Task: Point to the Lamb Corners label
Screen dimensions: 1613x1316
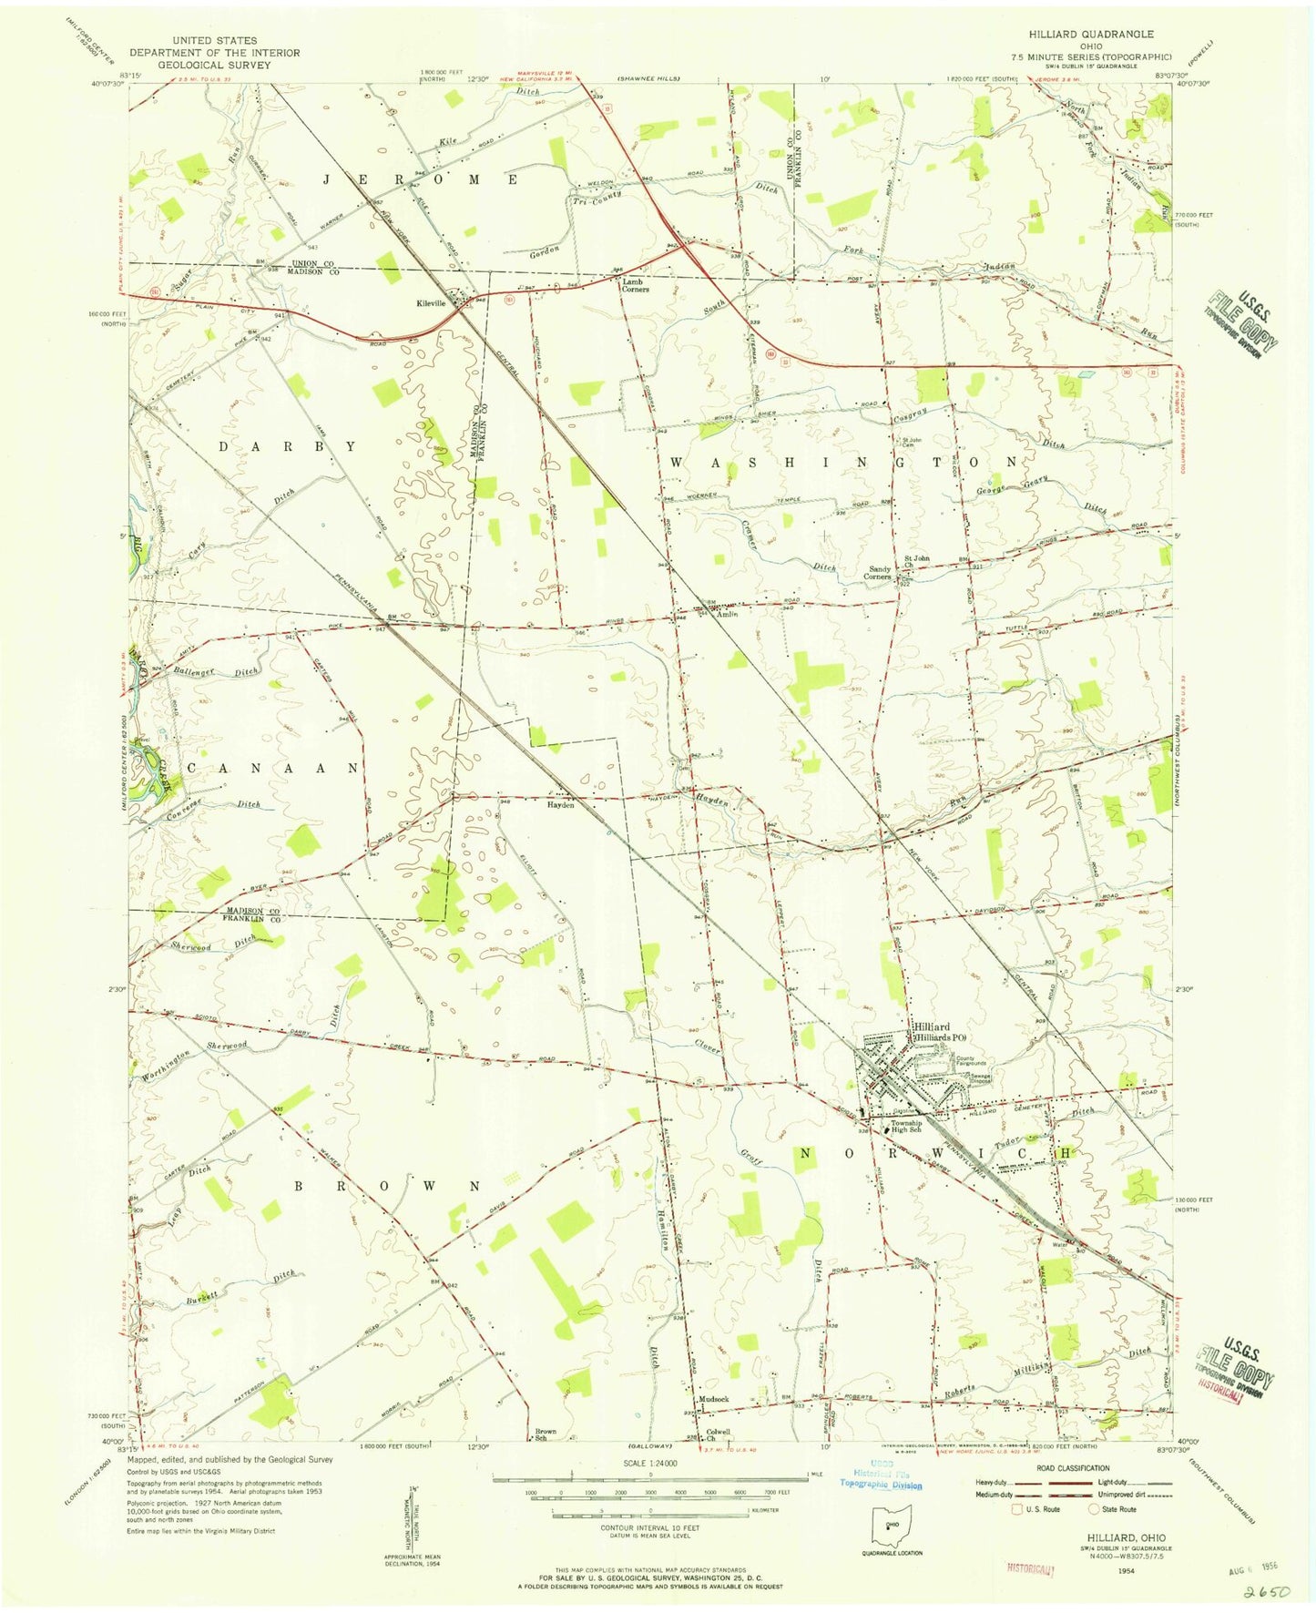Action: coord(635,285)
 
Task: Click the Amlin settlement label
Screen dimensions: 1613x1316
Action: coord(726,615)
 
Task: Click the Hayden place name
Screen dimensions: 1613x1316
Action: coord(559,805)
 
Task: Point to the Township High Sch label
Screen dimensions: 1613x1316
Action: coord(905,1127)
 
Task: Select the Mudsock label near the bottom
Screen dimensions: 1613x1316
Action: coord(713,1399)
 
